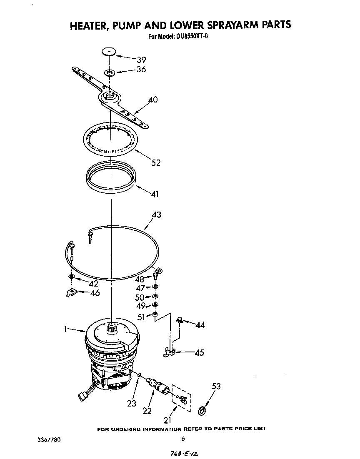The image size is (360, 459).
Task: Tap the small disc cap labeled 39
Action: [109, 52]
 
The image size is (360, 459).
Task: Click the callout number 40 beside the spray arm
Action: [153, 100]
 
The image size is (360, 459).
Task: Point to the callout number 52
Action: [155, 163]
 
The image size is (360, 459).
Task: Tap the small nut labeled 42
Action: [72, 277]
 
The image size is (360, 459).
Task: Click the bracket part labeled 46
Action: [72, 293]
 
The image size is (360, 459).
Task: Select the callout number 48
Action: [140, 279]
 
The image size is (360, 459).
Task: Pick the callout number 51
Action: [142, 317]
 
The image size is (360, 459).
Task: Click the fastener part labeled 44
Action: [180, 320]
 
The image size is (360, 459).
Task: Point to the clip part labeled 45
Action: [169, 353]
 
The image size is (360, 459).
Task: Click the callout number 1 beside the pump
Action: [65, 329]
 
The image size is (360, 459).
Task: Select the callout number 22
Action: [147, 411]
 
